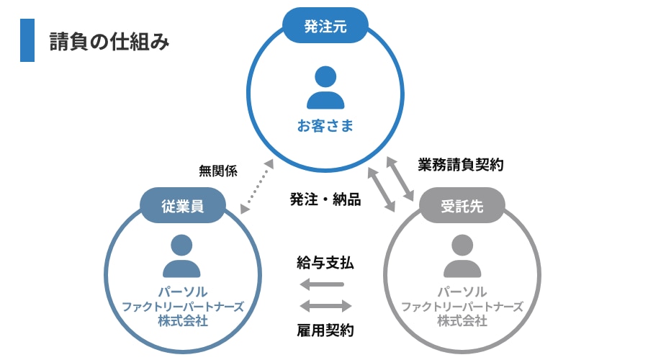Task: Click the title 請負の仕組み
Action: pyautogui.click(x=109, y=42)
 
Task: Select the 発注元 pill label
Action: pyautogui.click(x=325, y=27)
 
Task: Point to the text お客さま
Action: pyautogui.click(x=325, y=127)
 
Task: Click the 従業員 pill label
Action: pyautogui.click(x=182, y=206)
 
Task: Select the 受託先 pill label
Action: pyautogui.click(x=462, y=206)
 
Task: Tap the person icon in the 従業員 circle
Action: pyautogui.click(x=181, y=257)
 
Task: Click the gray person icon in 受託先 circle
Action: pyautogui.click(x=462, y=257)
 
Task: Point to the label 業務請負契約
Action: pyautogui.click(x=461, y=165)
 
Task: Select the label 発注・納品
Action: pyautogui.click(x=325, y=199)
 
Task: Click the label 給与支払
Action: pyautogui.click(x=325, y=263)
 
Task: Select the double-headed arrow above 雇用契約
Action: pyautogui.click(x=325, y=306)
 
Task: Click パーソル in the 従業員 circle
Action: pyautogui.click(x=182, y=292)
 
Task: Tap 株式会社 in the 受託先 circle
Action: pyautogui.click(x=462, y=320)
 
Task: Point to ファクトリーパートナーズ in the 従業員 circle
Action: pyautogui.click(x=182, y=307)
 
